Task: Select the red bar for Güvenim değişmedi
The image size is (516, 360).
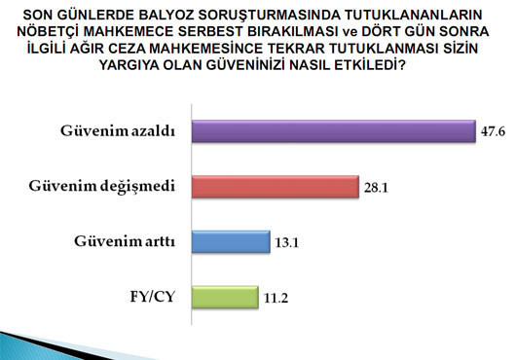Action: pos(276,187)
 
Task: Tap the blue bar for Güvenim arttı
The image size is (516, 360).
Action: pos(231,241)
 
